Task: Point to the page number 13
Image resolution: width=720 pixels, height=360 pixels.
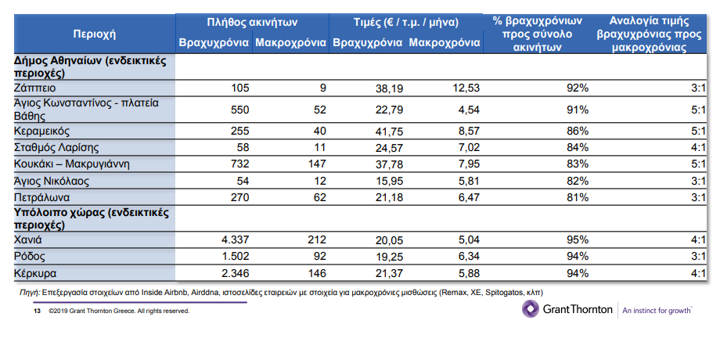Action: click(36, 311)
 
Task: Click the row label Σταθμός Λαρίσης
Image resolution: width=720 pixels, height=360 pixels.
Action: click(57, 146)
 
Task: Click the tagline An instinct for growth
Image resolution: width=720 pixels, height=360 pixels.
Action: click(657, 310)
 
